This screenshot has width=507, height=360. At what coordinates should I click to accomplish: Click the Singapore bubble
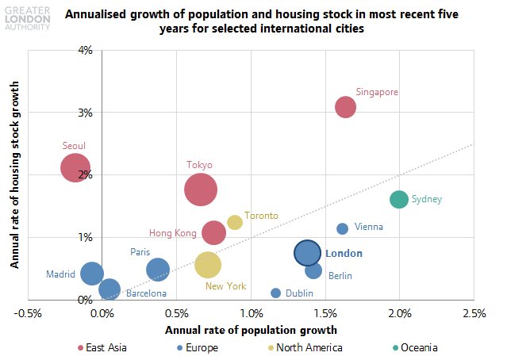tap(345, 107)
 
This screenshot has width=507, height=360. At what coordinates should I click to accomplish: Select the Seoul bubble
tap(75, 168)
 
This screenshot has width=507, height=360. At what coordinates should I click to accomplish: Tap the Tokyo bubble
tap(201, 190)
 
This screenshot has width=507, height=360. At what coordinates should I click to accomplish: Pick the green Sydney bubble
tap(399, 199)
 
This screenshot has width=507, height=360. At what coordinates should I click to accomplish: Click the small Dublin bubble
tap(276, 293)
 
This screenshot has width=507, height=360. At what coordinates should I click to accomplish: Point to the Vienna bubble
tap(343, 228)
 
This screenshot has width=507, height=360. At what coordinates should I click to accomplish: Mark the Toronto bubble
tap(235, 222)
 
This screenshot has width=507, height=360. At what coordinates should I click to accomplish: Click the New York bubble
tap(208, 265)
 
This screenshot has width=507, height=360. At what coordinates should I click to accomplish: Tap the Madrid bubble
tap(92, 273)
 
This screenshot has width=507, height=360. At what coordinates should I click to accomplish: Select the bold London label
tap(344, 254)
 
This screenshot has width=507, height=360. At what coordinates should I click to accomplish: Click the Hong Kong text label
tap(172, 233)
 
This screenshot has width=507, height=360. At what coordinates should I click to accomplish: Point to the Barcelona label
tap(146, 293)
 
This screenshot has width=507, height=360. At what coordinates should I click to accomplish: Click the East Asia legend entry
tap(102, 347)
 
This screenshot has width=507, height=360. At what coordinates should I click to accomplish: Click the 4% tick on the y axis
tap(85, 50)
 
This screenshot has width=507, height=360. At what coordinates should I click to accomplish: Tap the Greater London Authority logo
tap(26, 16)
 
